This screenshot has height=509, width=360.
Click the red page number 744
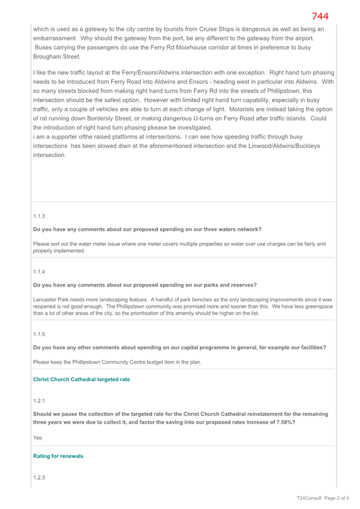pyautogui.click(x=320, y=17)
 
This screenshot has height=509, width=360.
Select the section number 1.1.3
pyautogui.click(x=39, y=216)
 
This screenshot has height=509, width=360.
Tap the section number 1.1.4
pyautogui.click(x=39, y=271)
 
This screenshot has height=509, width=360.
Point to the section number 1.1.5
pyautogui.click(x=39, y=334)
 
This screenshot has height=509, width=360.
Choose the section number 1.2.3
pyautogui.click(x=39, y=476)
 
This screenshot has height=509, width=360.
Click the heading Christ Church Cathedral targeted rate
pyautogui.click(x=81, y=379)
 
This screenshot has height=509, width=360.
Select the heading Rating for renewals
pyautogui.click(x=58, y=457)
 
